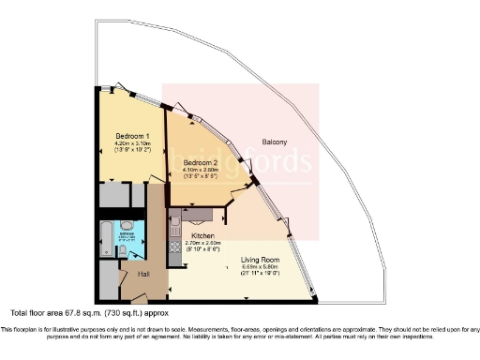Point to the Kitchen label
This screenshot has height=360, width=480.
204,235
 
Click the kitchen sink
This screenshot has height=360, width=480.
175,226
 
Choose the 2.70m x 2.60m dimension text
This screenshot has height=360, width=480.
204,243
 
